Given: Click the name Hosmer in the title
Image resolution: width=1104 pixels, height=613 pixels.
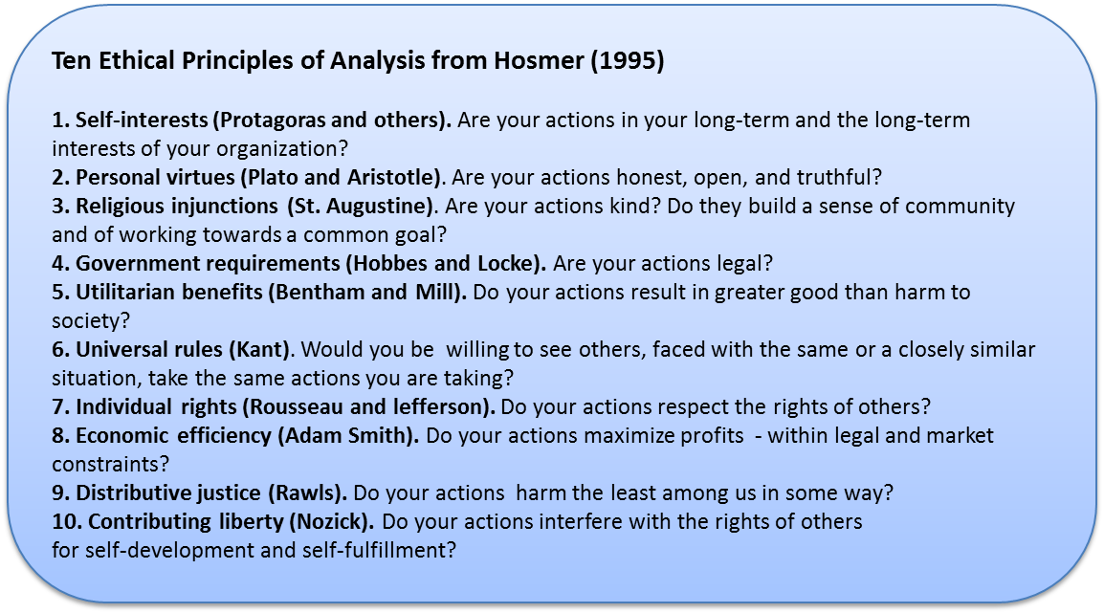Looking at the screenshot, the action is pos(539,60).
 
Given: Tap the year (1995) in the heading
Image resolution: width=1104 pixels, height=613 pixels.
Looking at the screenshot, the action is pos(628,61).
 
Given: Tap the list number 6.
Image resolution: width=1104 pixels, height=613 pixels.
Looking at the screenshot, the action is pos(60,350).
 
